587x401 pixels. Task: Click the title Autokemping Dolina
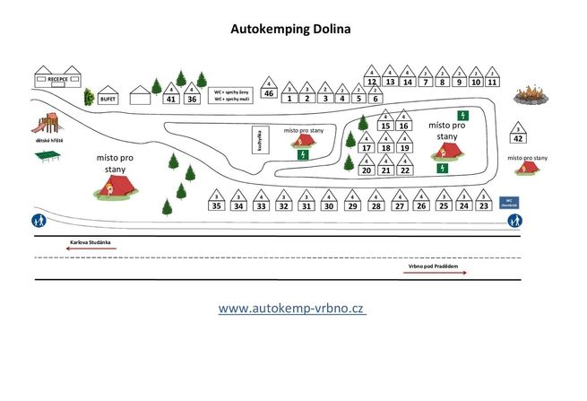click(x=291, y=29)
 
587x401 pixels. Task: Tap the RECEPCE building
click(x=58, y=78)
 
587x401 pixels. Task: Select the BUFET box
click(x=108, y=99)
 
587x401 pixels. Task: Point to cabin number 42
click(x=519, y=135)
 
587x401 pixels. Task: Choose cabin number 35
click(x=216, y=204)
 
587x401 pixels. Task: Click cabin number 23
click(x=485, y=204)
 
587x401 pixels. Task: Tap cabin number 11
click(x=492, y=79)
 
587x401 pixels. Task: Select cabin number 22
click(x=405, y=167)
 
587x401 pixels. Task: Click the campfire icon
click(x=531, y=93)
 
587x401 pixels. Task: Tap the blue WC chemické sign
click(x=508, y=203)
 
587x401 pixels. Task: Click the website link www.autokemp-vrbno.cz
click(x=291, y=308)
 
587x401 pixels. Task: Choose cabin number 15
click(x=384, y=124)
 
